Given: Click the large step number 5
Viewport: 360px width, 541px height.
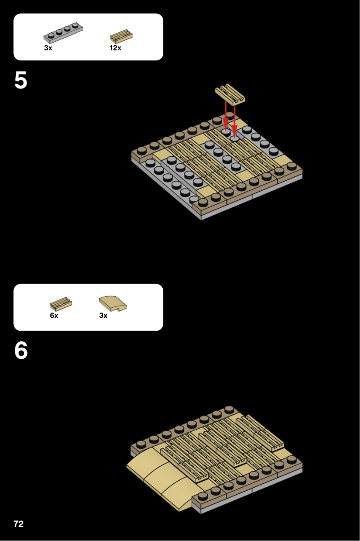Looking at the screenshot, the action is coord(21,81).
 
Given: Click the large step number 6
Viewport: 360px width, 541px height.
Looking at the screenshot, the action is coord(21,351).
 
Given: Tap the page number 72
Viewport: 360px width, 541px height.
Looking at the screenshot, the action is coord(19,524).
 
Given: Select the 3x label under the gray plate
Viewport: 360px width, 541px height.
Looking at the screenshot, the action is coord(48,48).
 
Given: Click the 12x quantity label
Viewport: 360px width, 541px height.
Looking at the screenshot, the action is coord(116,48).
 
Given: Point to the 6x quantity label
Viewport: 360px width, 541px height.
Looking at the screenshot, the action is coord(54,315).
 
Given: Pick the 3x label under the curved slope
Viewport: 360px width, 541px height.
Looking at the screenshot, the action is coord(103,315).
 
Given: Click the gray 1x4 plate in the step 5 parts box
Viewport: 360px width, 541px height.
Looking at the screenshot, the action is coord(63,33).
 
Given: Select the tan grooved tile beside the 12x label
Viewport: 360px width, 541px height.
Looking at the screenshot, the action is coord(121,36).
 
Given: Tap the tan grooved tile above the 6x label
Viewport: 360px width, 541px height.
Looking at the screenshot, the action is coord(61,304).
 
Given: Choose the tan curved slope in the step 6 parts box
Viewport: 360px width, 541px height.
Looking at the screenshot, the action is coord(113,303).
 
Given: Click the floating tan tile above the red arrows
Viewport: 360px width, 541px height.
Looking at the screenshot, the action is coord(230,94).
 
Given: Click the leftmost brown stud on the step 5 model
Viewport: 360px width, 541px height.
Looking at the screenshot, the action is coord(142,151).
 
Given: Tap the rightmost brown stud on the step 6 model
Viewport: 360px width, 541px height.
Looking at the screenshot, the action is coord(292,459).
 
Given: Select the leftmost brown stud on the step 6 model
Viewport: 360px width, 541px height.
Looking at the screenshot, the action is coord(141,444).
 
